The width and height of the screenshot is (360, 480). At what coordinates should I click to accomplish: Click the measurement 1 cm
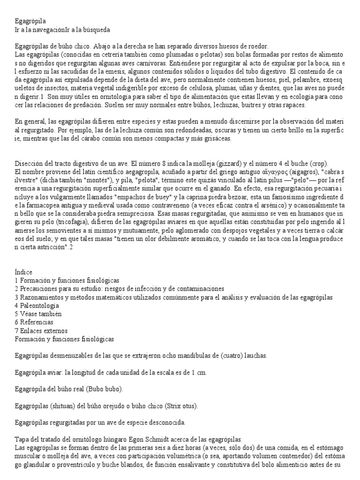[199, 373]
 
